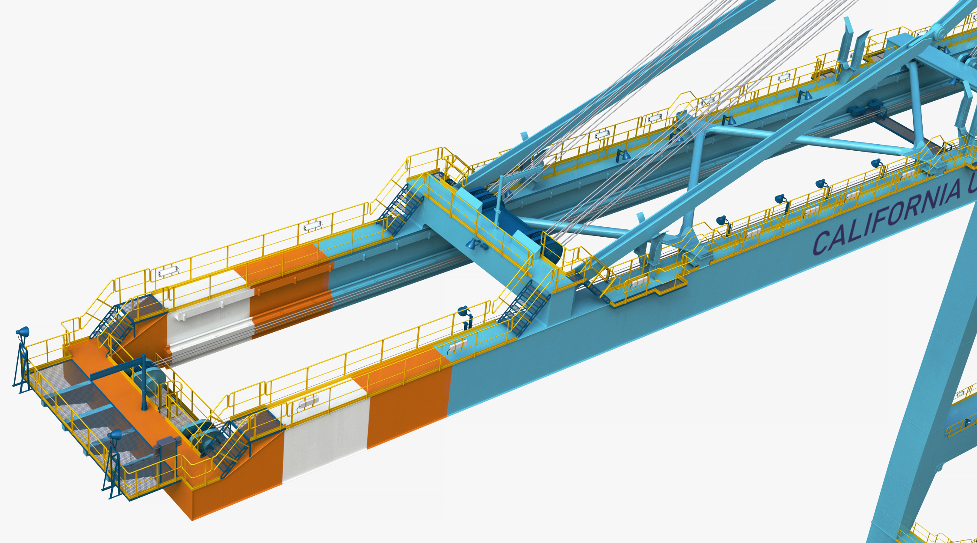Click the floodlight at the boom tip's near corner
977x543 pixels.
pyautogui.click(x=115, y=434)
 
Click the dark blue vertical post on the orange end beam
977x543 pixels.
pyautogui.click(x=144, y=382)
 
